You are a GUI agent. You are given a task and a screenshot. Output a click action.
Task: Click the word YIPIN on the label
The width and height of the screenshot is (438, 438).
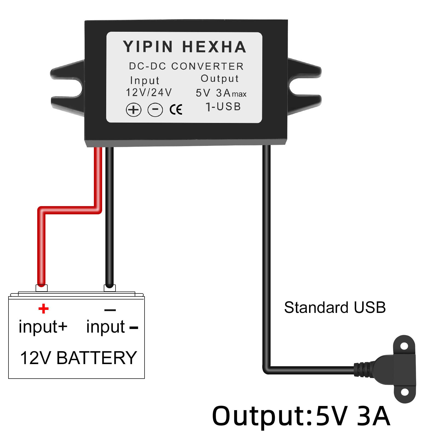pos(148,47)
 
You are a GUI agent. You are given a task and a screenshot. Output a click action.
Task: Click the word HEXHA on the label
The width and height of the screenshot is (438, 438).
pos(214,47)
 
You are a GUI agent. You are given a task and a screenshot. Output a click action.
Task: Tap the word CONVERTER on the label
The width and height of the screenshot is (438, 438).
pos(207,66)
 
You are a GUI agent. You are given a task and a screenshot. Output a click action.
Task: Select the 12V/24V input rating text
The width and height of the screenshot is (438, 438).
pos(149,93)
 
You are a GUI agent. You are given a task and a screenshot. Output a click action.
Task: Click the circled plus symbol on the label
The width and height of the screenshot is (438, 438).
pos(134,110)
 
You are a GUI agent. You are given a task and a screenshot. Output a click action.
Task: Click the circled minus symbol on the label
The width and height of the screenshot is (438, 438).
pos(155,109)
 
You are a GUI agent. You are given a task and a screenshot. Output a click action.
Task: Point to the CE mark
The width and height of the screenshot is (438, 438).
pos(176,110)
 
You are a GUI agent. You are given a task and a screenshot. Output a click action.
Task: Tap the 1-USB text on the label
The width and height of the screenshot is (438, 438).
pos(223,107)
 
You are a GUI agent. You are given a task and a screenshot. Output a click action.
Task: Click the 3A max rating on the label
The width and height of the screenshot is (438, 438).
pos(231,93)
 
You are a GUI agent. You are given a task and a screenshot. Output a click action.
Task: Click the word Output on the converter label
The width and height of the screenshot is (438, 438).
pos(220,79)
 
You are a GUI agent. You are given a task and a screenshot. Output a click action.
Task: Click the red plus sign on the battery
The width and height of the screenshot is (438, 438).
pos(44,309)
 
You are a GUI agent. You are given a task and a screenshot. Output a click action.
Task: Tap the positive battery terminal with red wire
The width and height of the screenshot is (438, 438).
pos(42,288)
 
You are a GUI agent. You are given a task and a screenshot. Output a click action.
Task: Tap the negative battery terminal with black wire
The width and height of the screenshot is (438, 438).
pos(109,288)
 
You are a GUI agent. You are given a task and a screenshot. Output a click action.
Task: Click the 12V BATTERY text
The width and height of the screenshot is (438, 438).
pos(79,358)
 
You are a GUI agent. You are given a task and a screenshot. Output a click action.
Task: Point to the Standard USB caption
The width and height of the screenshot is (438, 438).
pos(335,307)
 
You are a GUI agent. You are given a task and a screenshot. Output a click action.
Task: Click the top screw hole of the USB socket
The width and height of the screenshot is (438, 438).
pos(404,346)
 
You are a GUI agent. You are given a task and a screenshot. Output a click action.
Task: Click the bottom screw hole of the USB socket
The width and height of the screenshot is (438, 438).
pos(405,392)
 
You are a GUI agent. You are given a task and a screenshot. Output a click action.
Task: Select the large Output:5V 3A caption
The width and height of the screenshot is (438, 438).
pos(301,416)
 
